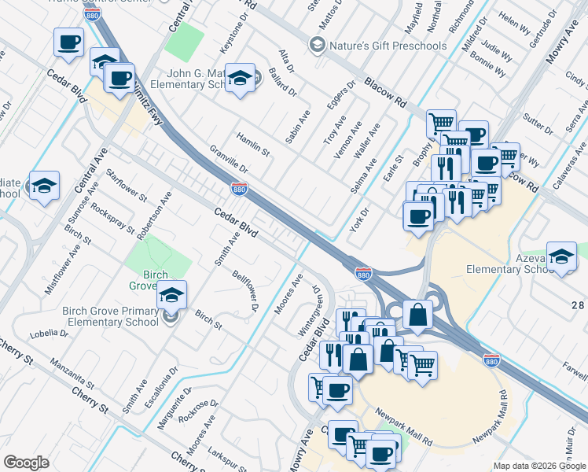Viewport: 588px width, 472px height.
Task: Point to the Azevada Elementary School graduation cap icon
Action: coord(561,256)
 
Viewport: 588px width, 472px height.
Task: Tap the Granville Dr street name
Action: coord(229,159)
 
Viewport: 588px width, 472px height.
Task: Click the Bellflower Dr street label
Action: coord(246,290)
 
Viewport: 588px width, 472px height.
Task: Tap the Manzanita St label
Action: coord(72,374)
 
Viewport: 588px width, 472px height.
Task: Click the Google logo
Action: coord(26,463)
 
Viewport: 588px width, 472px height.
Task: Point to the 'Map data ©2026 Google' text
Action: coord(538,466)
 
